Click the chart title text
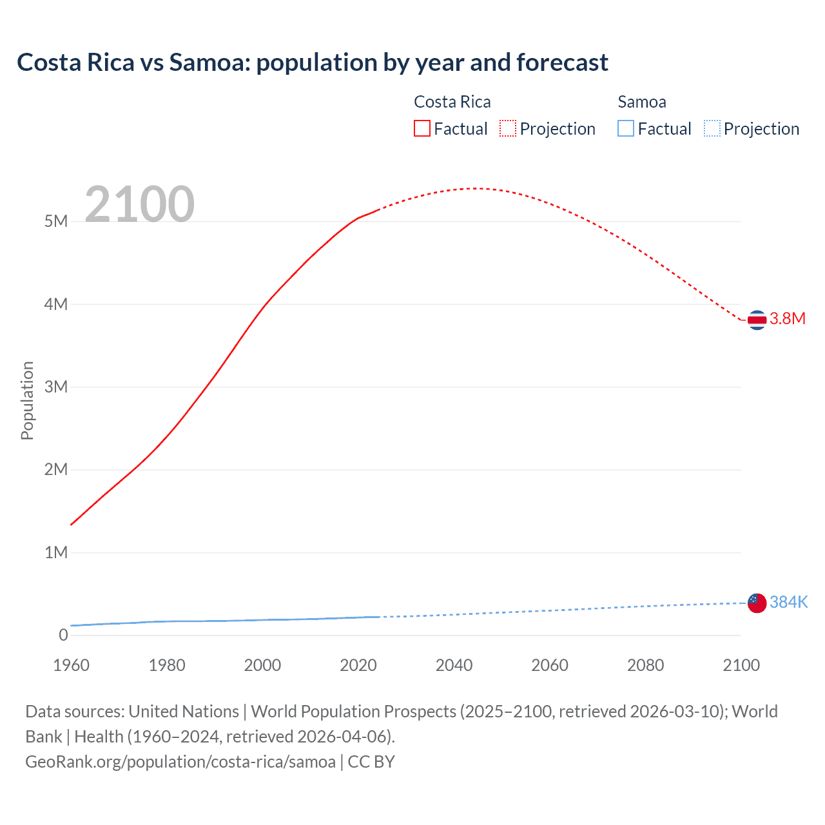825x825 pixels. click(x=313, y=63)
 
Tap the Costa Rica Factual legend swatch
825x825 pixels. click(x=422, y=129)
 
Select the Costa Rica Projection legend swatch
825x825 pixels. click(x=508, y=129)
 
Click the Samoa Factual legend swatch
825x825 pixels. click(x=626, y=129)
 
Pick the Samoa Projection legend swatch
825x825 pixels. click(x=712, y=129)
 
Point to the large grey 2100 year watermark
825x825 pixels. click(x=139, y=204)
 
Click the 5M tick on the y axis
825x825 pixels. click(x=56, y=222)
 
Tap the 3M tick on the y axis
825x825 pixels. click(x=56, y=387)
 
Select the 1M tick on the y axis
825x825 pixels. click(x=56, y=553)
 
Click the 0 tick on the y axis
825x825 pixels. click(x=63, y=636)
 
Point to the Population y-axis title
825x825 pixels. click(x=27, y=400)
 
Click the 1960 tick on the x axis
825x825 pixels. click(x=71, y=665)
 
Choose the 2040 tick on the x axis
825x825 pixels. click(x=454, y=665)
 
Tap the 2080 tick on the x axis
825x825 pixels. click(x=645, y=665)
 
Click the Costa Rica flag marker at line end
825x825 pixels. click(x=757, y=320)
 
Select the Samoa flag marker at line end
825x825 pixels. click(x=757, y=603)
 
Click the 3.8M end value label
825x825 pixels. click(x=788, y=319)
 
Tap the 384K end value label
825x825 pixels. click(x=788, y=602)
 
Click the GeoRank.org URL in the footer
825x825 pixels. click(x=180, y=762)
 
